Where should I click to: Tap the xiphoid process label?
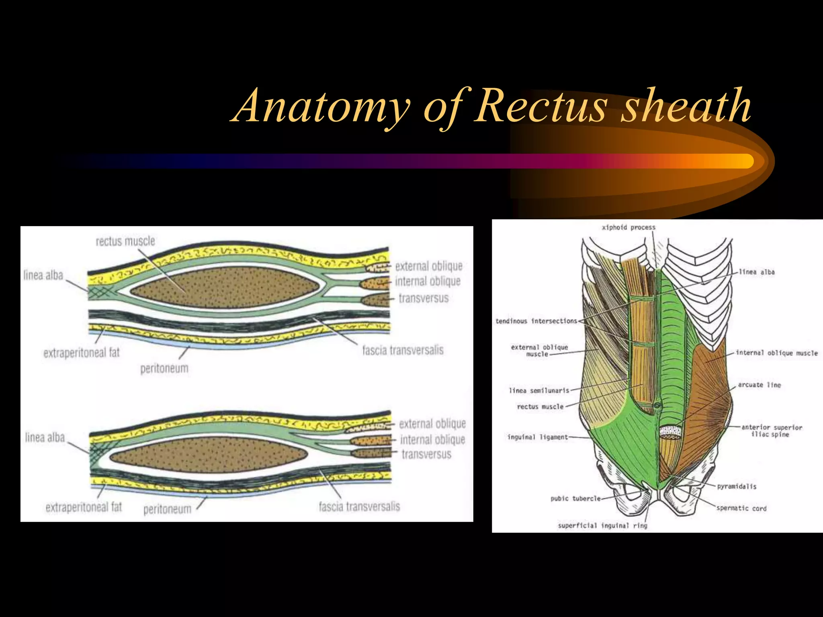point(629,227)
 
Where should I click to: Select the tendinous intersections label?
point(536,321)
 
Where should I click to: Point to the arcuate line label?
point(759,385)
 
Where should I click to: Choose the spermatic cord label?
point(741,508)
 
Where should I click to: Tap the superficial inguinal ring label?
point(602,525)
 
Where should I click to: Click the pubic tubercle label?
point(575,499)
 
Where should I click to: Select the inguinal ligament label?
point(537,437)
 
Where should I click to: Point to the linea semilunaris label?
point(539,390)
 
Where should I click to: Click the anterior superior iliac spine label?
point(772,431)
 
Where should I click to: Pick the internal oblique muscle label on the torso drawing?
point(776,353)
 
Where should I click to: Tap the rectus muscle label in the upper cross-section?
point(125,241)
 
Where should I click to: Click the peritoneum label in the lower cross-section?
point(167,509)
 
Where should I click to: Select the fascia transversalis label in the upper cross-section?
point(403,350)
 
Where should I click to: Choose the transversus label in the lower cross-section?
point(426,454)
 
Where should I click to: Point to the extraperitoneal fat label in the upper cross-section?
point(82,353)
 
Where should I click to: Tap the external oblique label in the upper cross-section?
point(428,266)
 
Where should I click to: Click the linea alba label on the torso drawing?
point(757,272)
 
